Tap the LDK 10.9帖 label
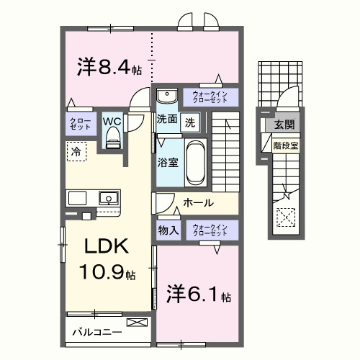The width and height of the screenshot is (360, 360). (108, 259)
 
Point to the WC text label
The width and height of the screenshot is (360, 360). (112, 121)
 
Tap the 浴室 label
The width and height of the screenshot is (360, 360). (168, 163)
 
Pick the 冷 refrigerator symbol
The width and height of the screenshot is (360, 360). (75, 151)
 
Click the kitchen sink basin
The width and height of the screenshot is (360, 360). (109, 197)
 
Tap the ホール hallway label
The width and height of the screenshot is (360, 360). (197, 203)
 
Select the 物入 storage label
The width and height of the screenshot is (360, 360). (168, 230)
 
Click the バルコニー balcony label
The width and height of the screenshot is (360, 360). (96, 333)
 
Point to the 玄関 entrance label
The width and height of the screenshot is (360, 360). (281, 125)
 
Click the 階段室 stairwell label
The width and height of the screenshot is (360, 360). (285, 145)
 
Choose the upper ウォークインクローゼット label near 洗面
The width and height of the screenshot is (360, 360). (211, 96)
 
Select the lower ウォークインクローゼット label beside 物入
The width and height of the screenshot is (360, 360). (211, 230)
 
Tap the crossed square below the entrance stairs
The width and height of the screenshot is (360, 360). (286, 216)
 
